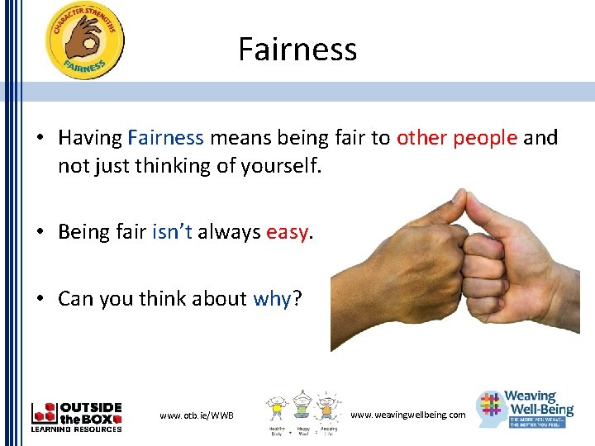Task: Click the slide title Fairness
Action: tap(297, 50)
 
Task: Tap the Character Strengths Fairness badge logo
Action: tap(85, 41)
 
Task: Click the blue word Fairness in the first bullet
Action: tap(165, 138)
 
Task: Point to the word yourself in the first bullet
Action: tap(277, 166)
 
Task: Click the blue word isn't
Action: tap(172, 232)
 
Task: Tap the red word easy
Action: tap(287, 233)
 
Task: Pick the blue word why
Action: tap(272, 298)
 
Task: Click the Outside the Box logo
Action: tap(76, 417)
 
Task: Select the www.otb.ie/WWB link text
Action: tap(197, 415)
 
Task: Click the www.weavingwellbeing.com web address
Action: tap(408, 415)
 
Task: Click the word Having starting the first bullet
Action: tap(90, 138)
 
